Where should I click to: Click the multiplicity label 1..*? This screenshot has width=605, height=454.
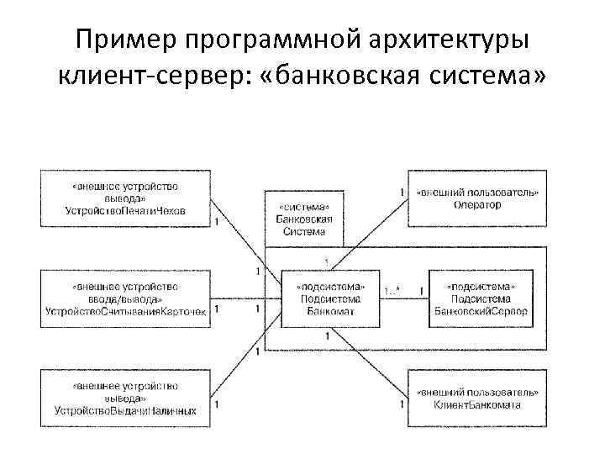[392, 291]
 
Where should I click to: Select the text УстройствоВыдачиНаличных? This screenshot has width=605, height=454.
[125, 410]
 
